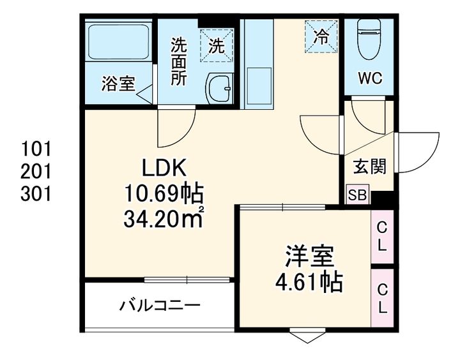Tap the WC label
pos(369,79)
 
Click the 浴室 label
pos(119,84)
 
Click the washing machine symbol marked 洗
pos(217,45)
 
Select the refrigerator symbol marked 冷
pos(320,36)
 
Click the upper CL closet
pos(381,236)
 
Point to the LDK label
pos(163,169)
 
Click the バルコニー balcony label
pos(160,306)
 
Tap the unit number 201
pos(36,171)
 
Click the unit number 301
pos(36,193)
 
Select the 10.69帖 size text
pos(164,193)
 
